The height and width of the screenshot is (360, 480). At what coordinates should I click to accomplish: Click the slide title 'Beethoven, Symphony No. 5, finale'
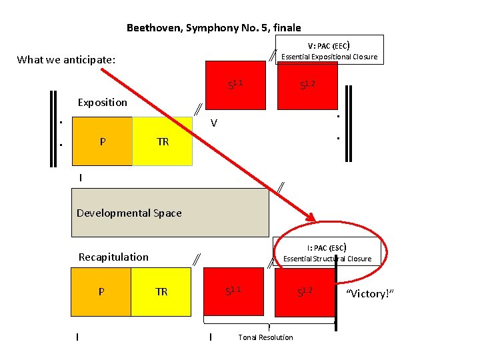(x=213, y=28)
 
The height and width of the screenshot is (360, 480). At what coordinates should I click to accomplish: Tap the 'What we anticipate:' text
(x=67, y=60)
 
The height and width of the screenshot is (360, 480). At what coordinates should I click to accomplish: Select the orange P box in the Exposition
(x=101, y=141)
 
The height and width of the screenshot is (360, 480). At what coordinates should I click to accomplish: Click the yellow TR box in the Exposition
(x=162, y=141)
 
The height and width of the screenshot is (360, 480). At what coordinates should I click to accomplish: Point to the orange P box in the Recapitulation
(x=101, y=291)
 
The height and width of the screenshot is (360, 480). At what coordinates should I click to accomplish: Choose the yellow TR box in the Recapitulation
(x=161, y=291)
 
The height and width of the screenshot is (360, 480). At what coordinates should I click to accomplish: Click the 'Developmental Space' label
(x=129, y=213)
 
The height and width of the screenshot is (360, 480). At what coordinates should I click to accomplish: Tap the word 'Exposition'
(x=102, y=102)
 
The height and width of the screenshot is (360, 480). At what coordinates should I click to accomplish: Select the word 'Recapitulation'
(x=113, y=257)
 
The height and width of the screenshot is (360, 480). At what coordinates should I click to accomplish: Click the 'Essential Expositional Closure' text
(x=329, y=57)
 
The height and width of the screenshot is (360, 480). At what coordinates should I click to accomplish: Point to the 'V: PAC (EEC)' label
(x=329, y=45)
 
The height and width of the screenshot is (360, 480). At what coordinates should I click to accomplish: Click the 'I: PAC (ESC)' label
(x=327, y=247)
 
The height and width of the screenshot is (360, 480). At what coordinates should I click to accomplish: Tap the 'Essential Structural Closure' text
(x=327, y=259)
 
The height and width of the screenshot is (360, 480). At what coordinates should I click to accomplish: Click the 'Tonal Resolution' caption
(x=265, y=337)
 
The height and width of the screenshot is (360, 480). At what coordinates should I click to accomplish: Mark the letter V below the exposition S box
(x=213, y=123)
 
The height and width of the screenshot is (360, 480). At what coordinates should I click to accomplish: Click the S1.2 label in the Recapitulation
(x=305, y=290)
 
